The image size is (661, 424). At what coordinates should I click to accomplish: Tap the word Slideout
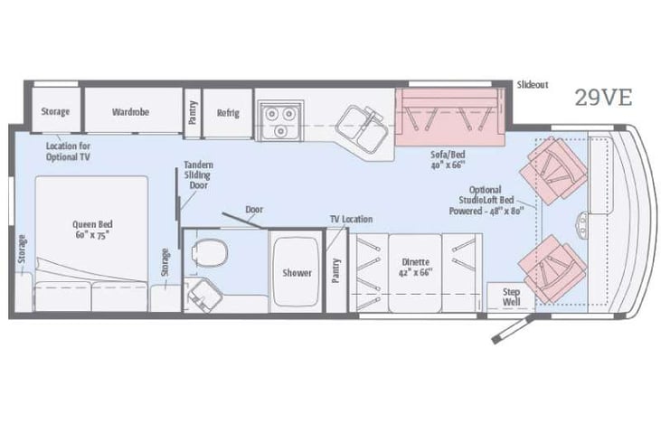tap(533, 84)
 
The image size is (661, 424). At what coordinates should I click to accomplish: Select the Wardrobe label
tap(131, 112)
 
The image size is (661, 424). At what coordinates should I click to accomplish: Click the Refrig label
tap(227, 113)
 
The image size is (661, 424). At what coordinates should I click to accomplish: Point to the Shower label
tap(297, 272)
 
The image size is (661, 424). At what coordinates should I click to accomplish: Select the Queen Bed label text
tap(92, 230)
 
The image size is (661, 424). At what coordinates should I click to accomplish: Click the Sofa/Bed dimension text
tap(448, 160)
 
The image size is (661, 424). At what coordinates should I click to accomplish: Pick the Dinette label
tap(415, 266)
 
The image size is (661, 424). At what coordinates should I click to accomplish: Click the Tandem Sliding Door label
tap(198, 176)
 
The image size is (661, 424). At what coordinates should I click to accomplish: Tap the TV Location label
tap(351, 220)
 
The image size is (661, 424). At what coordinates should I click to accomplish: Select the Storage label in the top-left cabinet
tap(55, 112)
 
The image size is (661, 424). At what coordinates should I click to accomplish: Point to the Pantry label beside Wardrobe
tap(193, 113)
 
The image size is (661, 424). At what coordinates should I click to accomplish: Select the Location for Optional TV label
tap(68, 151)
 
